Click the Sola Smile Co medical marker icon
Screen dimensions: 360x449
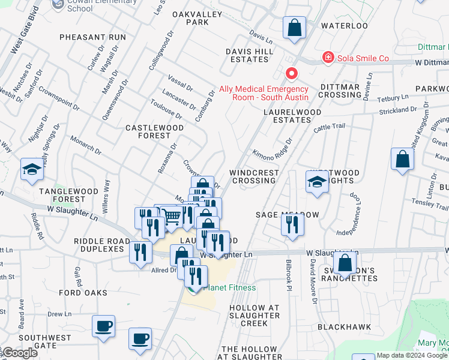coord(328,58)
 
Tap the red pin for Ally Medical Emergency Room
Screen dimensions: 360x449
coord(292,74)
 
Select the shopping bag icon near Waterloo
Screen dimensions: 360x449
coord(294,28)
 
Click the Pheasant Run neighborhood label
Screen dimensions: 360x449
coord(93,37)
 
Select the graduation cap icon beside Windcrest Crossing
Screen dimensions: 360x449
coord(317,182)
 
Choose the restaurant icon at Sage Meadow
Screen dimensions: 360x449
coord(292,225)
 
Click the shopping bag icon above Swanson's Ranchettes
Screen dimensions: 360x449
coord(345,262)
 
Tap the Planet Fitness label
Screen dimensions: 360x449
coord(229,287)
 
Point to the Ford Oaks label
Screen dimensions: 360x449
coord(83,293)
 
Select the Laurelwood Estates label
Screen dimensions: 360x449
coord(292,116)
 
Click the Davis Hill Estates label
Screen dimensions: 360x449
coord(249,55)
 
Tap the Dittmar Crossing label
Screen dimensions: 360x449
coord(339,90)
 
